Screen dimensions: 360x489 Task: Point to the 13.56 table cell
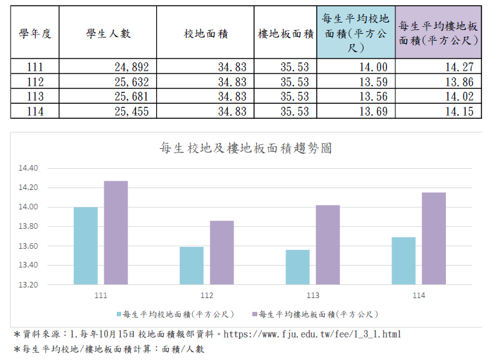(x=373, y=97)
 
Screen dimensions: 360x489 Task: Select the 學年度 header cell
(x=34, y=34)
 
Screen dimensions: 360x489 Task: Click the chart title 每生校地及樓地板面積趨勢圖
(x=245, y=148)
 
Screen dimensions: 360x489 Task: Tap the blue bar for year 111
(x=86, y=246)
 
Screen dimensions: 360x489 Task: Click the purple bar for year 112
(x=222, y=252)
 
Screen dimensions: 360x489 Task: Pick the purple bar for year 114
(x=433, y=238)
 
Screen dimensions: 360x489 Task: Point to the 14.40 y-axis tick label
(x=29, y=168)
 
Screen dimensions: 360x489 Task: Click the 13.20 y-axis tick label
(x=29, y=284)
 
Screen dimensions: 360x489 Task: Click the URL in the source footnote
(x=312, y=334)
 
